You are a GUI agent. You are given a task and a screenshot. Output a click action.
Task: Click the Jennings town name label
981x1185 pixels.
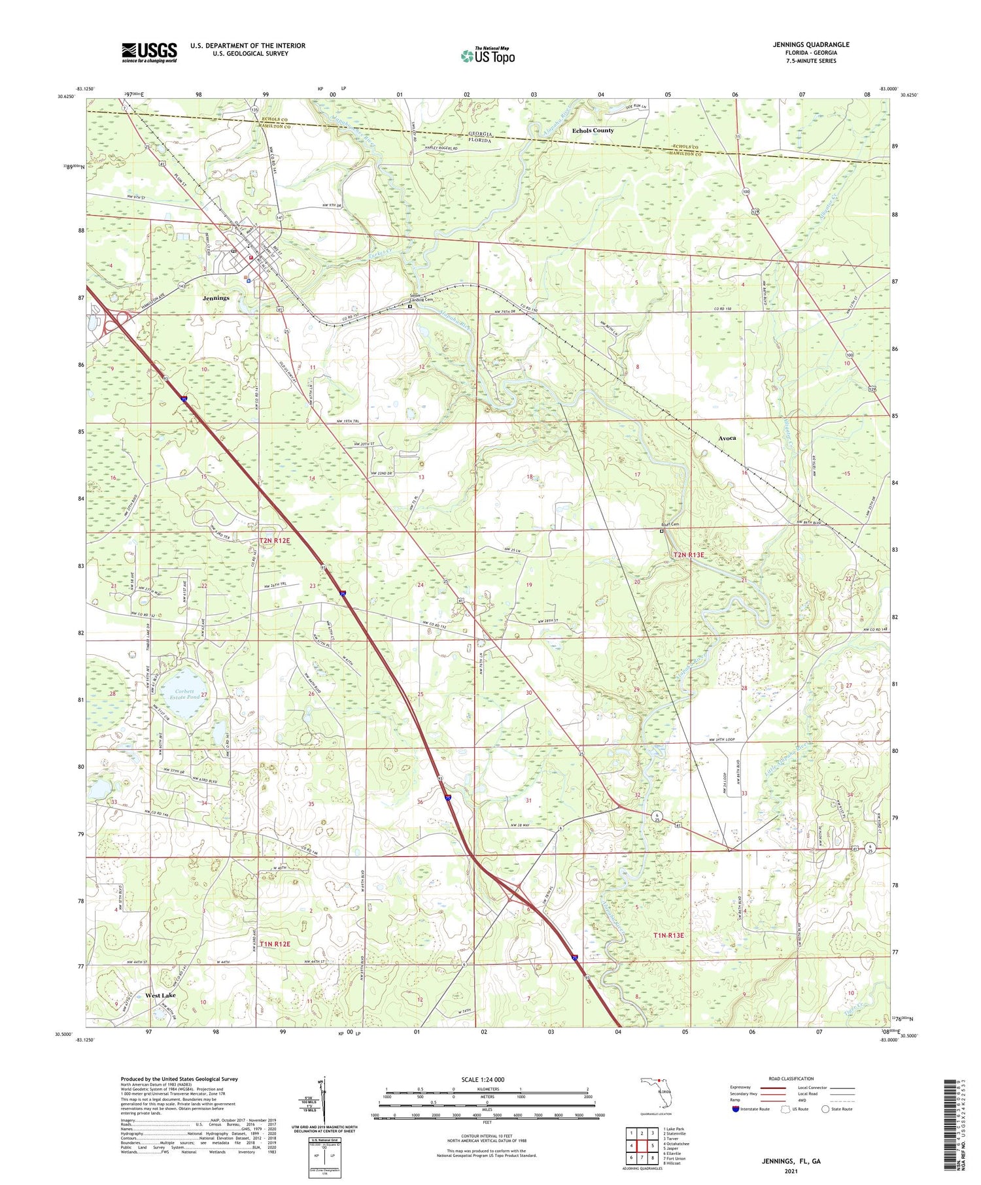216,297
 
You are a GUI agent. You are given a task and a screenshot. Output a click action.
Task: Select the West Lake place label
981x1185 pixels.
160,995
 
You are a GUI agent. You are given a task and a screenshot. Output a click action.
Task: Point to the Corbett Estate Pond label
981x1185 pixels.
184,694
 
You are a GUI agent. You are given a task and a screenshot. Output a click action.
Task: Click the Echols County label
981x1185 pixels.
593,131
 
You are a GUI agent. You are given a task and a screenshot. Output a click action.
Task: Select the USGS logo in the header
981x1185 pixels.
149,52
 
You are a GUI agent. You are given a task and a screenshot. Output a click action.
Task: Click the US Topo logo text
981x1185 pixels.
489,57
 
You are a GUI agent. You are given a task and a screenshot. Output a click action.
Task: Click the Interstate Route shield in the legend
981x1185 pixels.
736,1109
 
